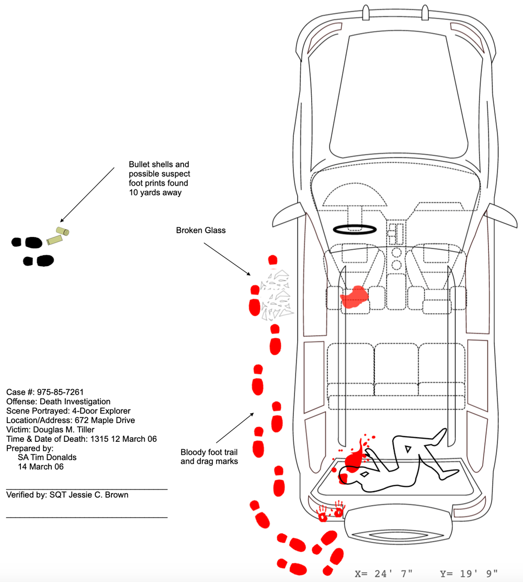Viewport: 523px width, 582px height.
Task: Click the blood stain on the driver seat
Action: coord(354,295)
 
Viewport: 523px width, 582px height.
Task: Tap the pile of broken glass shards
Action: coord(275,295)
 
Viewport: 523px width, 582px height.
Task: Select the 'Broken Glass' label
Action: coord(201,230)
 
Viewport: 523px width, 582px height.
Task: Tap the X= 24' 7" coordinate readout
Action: coord(384,573)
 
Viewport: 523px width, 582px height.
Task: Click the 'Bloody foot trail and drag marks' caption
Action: coord(209,457)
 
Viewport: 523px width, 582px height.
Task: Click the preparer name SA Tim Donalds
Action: coord(47,457)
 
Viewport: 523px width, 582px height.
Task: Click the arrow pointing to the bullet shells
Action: coord(87,195)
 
